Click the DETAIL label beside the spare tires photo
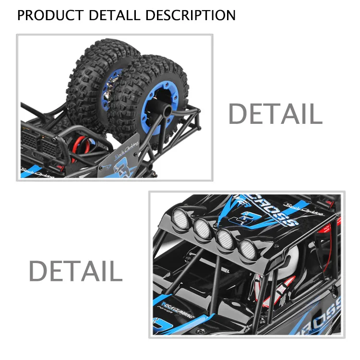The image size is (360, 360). click(x=275, y=114)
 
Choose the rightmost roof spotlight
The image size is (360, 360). click(x=247, y=249)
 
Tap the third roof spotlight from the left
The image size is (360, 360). click(x=224, y=239)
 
